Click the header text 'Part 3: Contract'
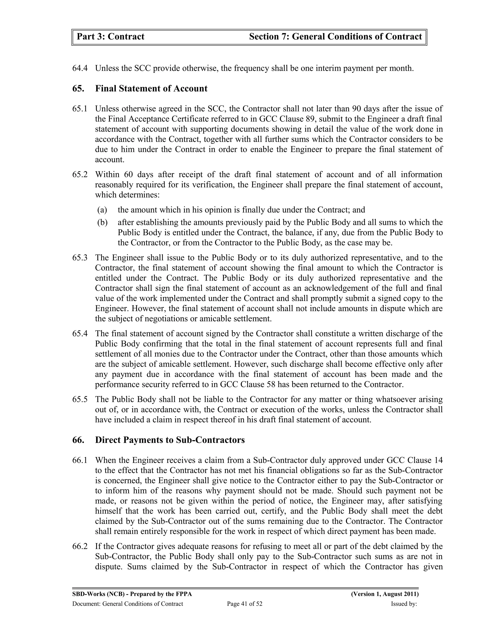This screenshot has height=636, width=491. coord(110,37)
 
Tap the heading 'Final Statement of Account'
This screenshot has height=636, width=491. coord(151,89)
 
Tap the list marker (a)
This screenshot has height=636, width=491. coord(102,210)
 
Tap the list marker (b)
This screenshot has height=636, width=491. coord(102,223)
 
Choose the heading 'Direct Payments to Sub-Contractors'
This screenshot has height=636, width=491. coord(170,440)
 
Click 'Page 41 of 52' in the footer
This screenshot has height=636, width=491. coord(245,604)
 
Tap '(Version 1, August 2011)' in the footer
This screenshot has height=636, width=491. coord(385,594)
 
